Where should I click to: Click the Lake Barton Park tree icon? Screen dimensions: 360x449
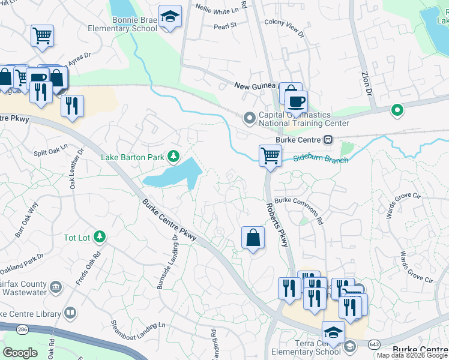pyautogui.click(x=173, y=157)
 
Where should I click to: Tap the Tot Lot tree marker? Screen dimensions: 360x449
pyautogui.click(x=99, y=238)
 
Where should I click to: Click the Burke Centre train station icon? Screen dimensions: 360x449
pyautogui.click(x=328, y=140)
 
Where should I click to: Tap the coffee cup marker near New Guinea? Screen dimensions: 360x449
pyautogui.click(x=295, y=100)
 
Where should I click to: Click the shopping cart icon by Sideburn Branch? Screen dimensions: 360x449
pyautogui.click(x=270, y=155)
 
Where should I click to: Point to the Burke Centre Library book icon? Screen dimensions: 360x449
pyautogui.click(x=70, y=313)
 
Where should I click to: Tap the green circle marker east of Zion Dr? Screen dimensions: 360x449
pyautogui.click(x=396, y=110)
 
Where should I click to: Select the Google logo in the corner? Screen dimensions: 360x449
pyautogui.click(x=20, y=352)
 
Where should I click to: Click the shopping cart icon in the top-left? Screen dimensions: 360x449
pyautogui.click(x=42, y=35)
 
